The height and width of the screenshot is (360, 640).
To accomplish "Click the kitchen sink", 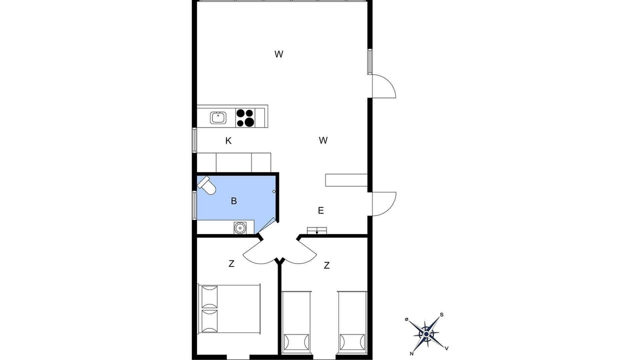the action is click(218, 117).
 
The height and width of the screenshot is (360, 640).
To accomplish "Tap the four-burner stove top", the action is click(245, 117).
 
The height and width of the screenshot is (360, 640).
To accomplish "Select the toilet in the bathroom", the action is click(206, 185).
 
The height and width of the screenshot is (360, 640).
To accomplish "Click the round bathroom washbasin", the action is click(239, 227).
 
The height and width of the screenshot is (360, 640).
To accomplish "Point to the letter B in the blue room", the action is click(233, 201).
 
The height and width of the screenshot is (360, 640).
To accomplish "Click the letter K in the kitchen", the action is click(228, 141).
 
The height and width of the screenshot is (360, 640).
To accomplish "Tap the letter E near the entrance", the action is click(321, 210).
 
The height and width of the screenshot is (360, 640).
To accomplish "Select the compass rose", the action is click(426, 333).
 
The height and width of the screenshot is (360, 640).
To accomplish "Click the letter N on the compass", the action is click(411, 353).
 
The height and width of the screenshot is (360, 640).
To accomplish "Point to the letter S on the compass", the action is click(441, 315).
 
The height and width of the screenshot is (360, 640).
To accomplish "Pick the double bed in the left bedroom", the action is click(229, 308).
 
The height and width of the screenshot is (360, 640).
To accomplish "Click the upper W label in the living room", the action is click(279, 54).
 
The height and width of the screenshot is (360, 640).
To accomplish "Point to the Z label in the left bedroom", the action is click(231, 263).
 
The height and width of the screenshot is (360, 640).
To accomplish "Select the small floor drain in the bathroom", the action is click(274, 191).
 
